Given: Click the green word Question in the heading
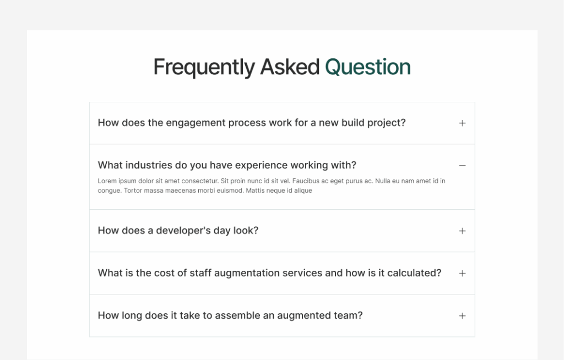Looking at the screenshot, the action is (x=367, y=67).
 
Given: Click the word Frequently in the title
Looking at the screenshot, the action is (x=204, y=67).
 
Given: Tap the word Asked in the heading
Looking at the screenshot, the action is (x=290, y=67).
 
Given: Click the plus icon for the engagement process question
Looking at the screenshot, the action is (x=462, y=123).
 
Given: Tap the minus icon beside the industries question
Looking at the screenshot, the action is (x=462, y=166).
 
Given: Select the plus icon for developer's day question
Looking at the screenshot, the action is (x=462, y=231).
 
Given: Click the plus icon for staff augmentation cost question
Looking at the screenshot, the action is (x=462, y=274).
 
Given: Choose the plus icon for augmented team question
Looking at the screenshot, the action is (x=462, y=316).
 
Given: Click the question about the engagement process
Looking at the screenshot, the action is (x=251, y=123).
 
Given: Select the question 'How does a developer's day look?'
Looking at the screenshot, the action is (x=178, y=231).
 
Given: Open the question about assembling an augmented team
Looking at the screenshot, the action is (x=230, y=315).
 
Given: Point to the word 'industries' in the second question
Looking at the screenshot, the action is (x=149, y=165).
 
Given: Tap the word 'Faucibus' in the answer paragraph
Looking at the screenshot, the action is (x=306, y=181).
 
